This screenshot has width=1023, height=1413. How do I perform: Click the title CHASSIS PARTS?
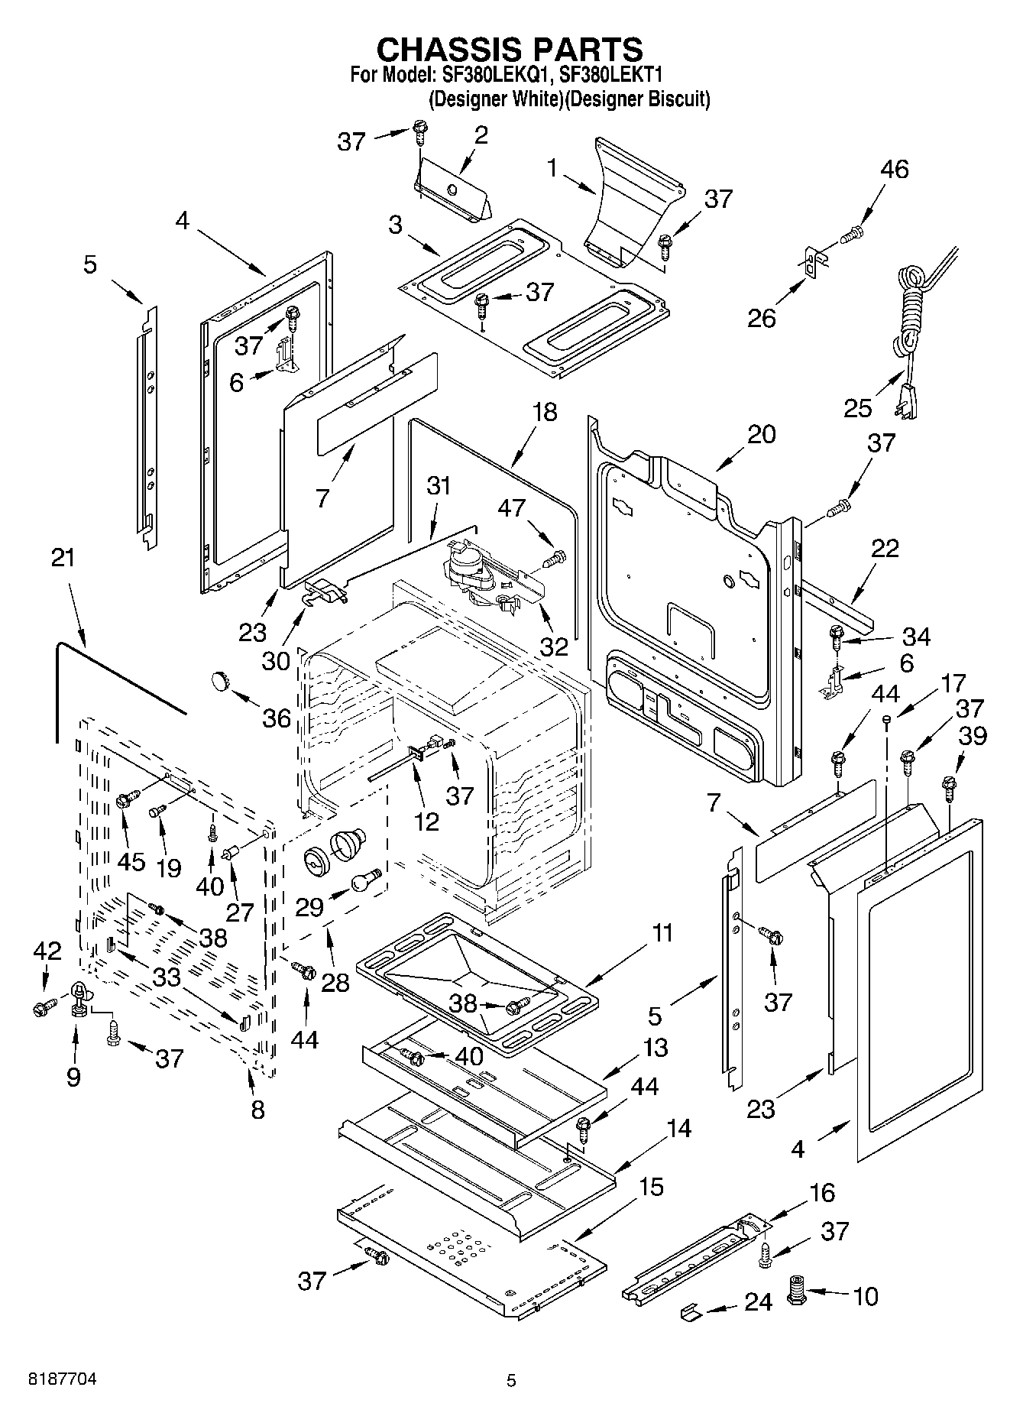(510, 49)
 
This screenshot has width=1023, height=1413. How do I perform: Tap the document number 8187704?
(63, 1379)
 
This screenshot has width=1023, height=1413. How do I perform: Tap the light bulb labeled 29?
(366, 880)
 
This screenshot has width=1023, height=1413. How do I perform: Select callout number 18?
(545, 413)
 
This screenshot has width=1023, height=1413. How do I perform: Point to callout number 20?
(761, 434)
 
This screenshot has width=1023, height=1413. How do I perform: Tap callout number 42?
(47, 951)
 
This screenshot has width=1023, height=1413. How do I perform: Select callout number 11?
(662, 933)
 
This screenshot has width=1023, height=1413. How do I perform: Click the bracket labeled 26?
(811, 262)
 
